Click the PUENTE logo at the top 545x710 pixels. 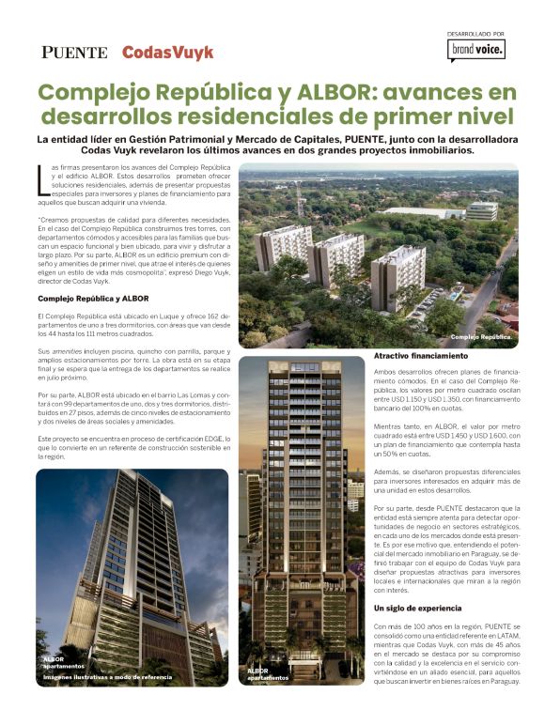pyautogui.click(x=74, y=53)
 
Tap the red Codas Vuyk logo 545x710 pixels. pyautogui.click(x=168, y=53)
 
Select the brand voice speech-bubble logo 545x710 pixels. pyautogui.click(x=477, y=49)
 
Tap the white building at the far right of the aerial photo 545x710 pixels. pyautogui.click(x=481, y=210)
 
